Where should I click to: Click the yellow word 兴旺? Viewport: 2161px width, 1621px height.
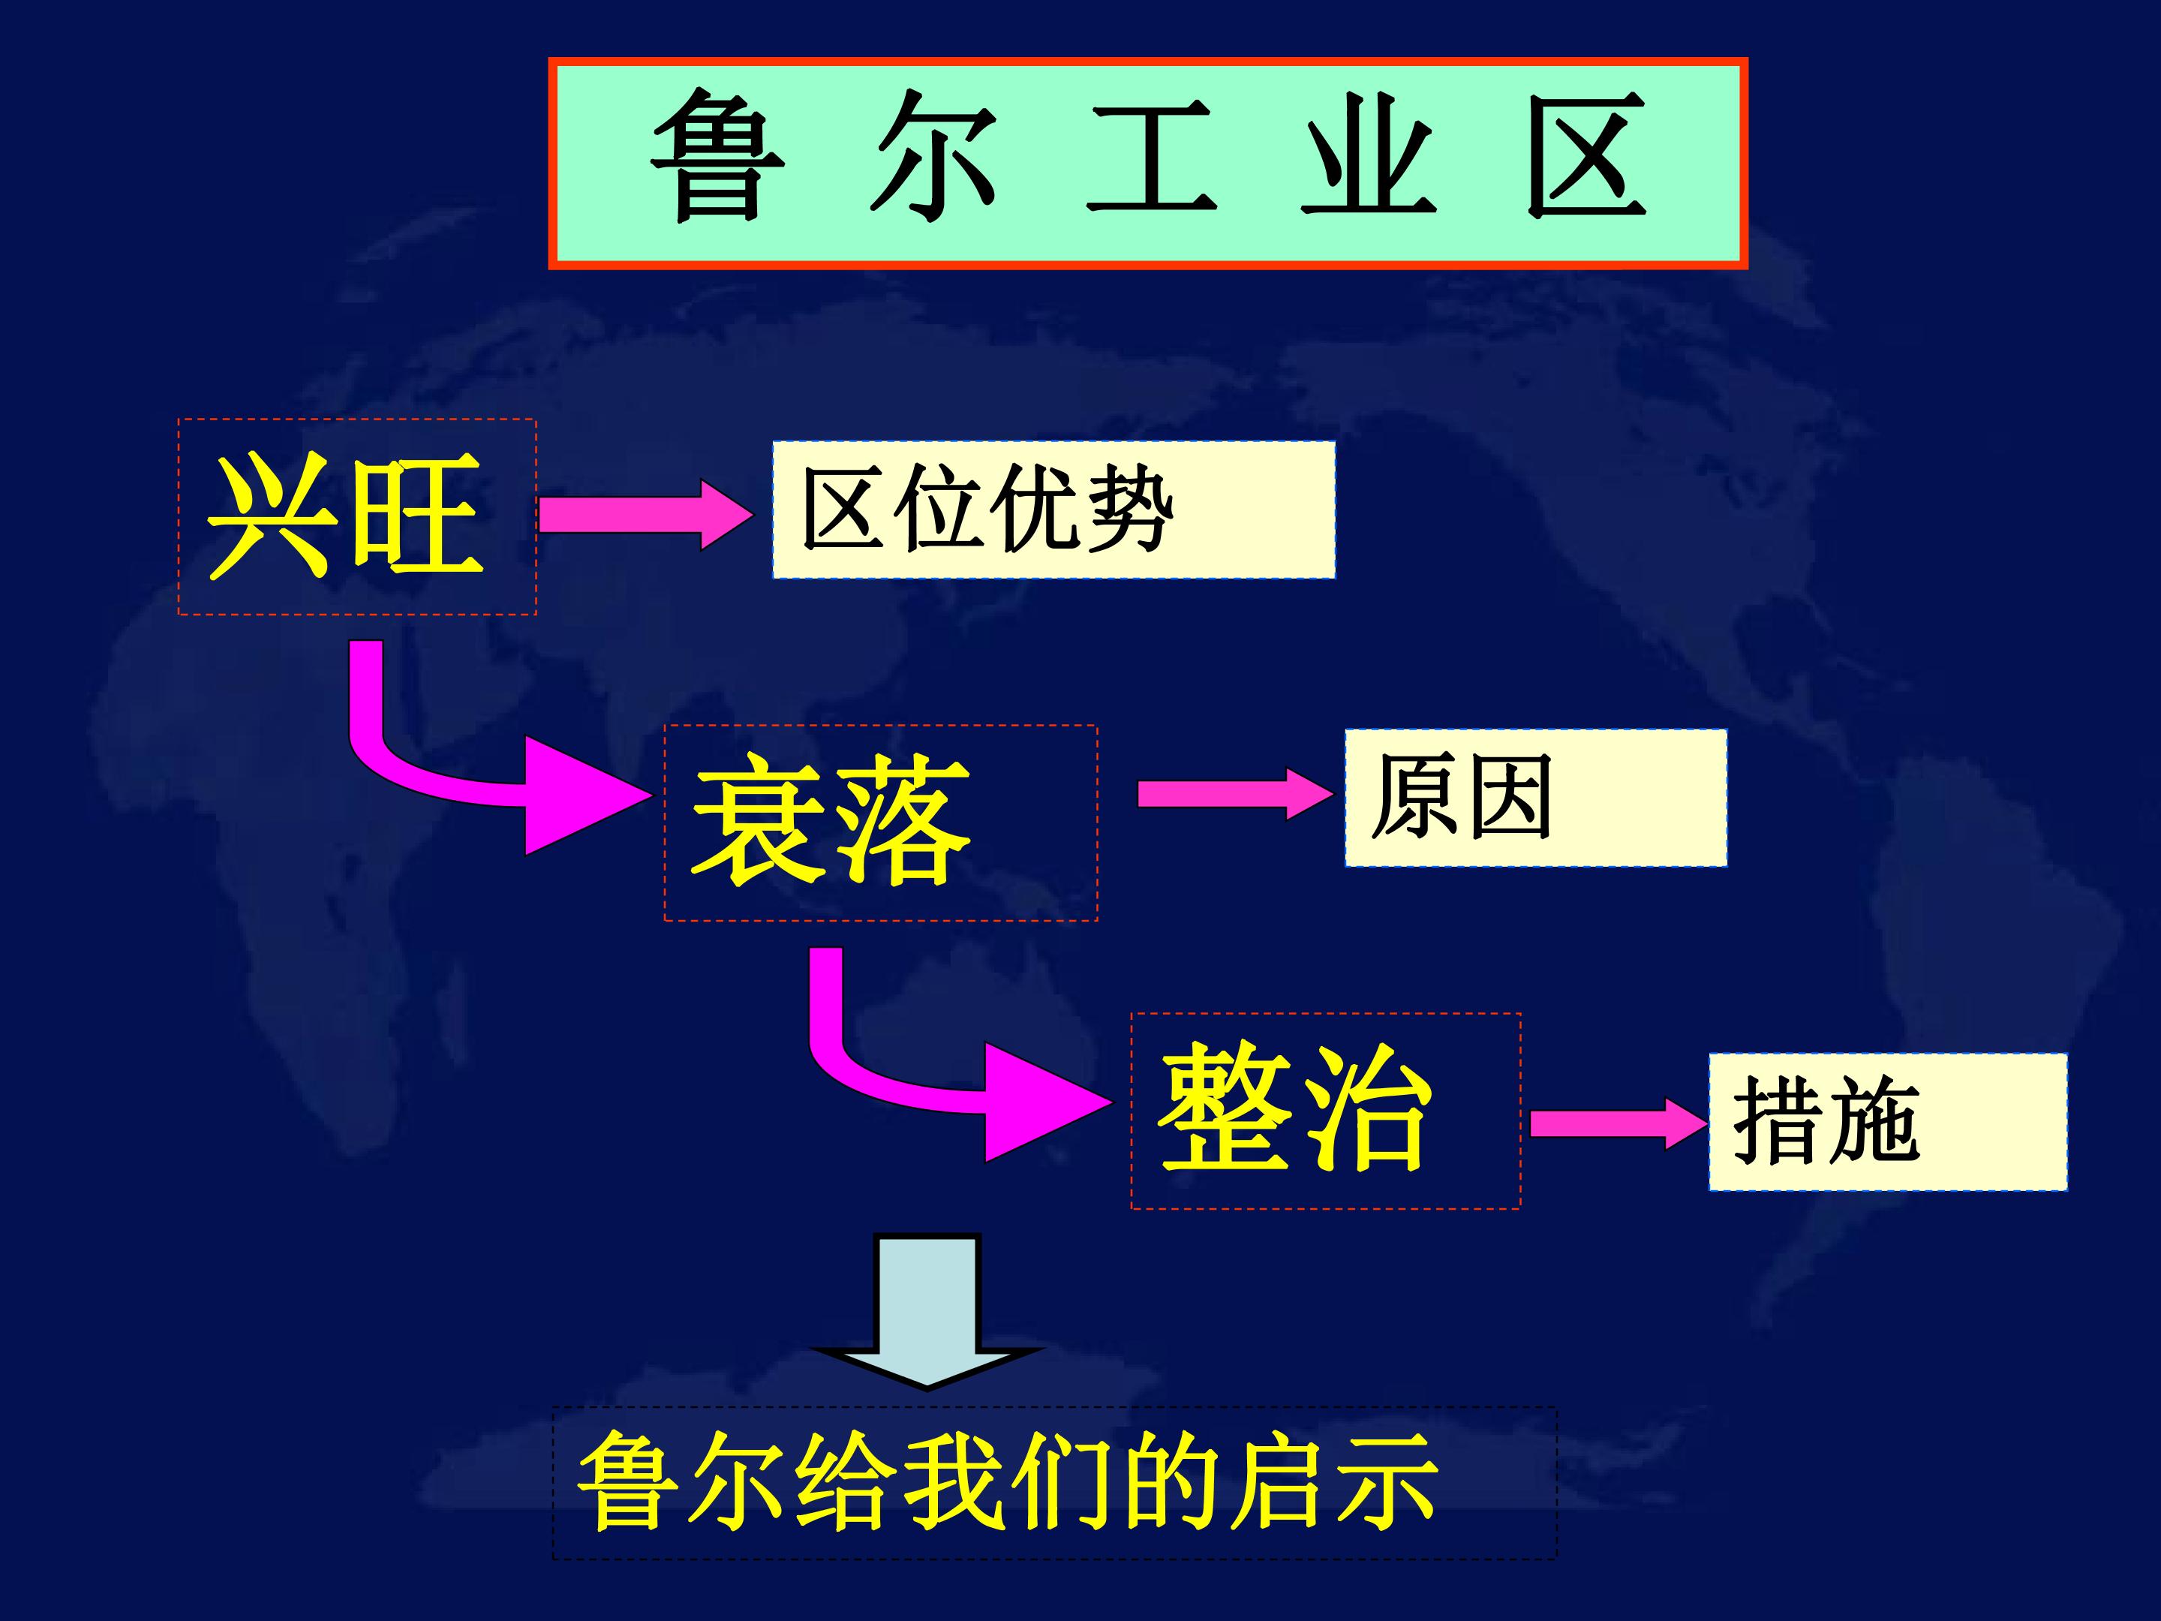coord(345,515)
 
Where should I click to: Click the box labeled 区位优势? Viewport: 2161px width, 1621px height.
coord(1054,509)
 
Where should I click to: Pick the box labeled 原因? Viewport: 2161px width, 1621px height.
coord(1536,797)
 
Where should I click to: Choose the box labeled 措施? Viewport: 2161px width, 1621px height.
coord(1887,1122)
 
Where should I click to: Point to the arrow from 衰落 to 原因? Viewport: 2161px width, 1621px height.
coord(1235,793)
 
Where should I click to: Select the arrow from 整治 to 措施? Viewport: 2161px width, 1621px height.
coord(1618,1123)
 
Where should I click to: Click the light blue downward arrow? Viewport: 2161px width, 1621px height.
coord(927,1310)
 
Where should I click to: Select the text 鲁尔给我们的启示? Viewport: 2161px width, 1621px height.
coord(1007,1481)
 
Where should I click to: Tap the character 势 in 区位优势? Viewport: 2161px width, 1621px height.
coord(1129,508)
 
